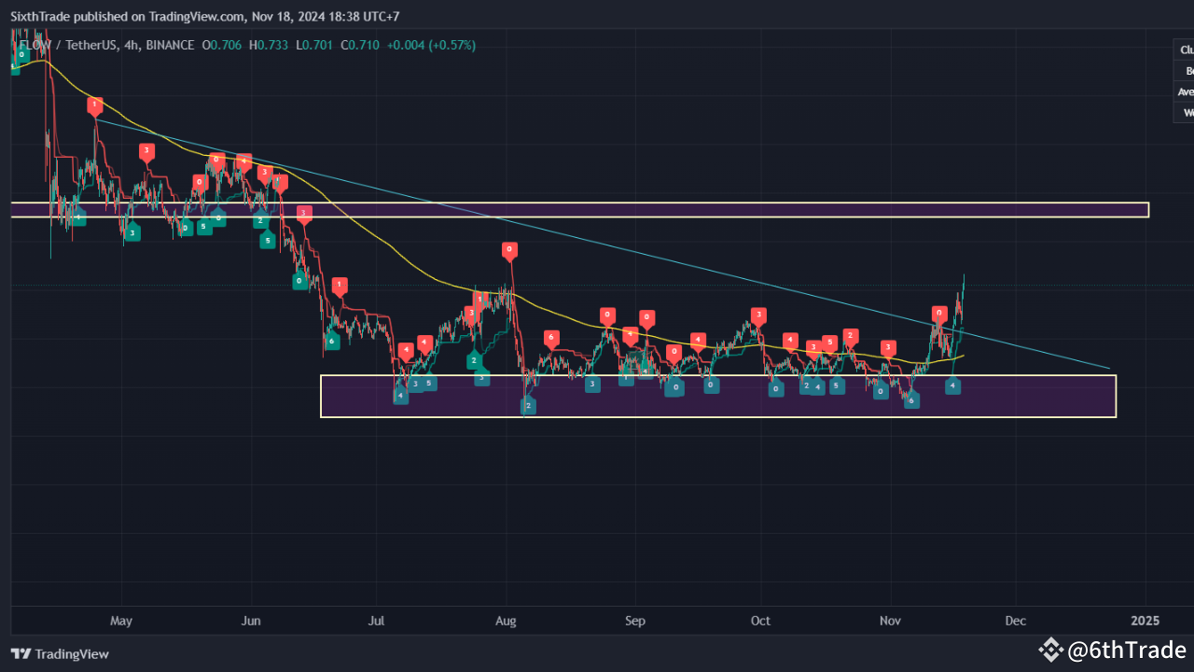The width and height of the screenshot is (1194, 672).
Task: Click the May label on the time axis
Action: [121, 621]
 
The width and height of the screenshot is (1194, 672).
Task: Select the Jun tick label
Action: [250, 621]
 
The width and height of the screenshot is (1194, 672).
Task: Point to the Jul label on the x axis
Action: [376, 621]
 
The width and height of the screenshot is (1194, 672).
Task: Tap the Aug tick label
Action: [506, 621]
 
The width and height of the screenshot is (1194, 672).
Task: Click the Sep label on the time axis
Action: [634, 621]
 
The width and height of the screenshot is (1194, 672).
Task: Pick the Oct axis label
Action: [761, 621]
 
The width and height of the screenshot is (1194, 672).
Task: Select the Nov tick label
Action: [891, 621]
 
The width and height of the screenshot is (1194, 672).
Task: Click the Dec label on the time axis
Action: [1016, 621]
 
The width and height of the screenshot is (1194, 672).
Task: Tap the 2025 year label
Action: [1145, 621]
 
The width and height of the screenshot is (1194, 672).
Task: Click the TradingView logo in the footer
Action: [60, 654]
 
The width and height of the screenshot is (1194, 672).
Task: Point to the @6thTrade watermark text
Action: [1126, 650]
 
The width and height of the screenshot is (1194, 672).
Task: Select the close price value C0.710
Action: [359, 45]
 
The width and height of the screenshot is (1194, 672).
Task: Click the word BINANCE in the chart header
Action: [170, 45]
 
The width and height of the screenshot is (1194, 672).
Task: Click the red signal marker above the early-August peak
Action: [508, 250]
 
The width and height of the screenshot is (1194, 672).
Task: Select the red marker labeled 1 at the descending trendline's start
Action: [94, 106]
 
